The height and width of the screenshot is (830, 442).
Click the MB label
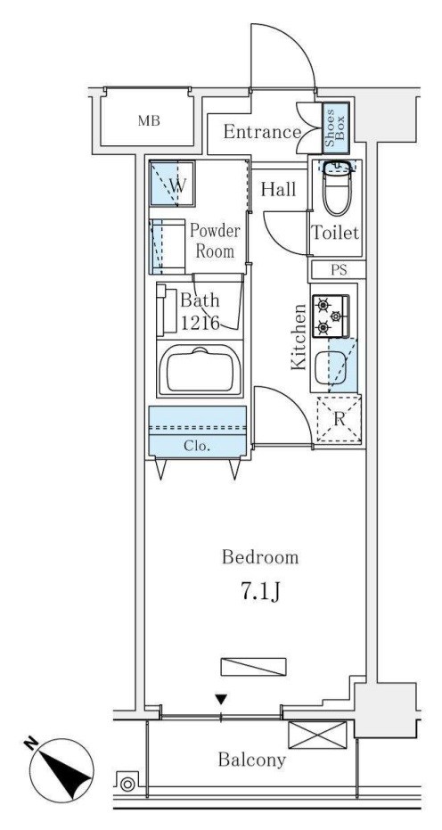149,120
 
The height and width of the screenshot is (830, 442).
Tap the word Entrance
262,132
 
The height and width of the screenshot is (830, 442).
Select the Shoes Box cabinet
336,128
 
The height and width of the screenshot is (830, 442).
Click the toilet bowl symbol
337,188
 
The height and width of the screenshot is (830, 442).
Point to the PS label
339,270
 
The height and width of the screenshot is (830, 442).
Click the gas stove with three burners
331,316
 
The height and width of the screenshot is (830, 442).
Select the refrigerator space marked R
340,420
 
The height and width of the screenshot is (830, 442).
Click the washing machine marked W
172,183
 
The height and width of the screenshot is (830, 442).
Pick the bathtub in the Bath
201,371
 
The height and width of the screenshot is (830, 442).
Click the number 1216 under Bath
201,323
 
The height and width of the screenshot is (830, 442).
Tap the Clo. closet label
197,445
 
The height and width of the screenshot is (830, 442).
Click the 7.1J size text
260,593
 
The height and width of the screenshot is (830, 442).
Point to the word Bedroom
260,557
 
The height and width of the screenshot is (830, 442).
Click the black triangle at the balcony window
221,700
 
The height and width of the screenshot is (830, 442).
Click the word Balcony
252,760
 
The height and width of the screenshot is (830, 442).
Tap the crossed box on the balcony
317,735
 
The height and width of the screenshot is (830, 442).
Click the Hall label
278,189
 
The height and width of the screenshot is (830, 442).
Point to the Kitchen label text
299,337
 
